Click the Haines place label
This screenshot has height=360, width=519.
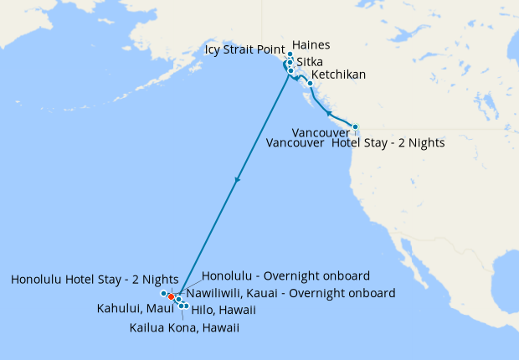click(312, 45)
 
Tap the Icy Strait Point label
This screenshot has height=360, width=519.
click(245, 51)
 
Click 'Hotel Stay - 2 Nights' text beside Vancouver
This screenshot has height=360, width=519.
click(388, 143)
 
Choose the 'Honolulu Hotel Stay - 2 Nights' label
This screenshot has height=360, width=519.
click(95, 280)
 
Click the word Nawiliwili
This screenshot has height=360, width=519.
click(216, 294)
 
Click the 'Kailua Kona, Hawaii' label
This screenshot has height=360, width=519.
click(184, 328)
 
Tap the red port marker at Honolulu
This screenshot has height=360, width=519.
click(171, 296)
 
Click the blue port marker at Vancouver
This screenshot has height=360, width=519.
click(355, 127)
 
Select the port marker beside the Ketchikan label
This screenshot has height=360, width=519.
click(310, 83)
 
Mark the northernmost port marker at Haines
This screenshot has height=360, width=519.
click(290, 54)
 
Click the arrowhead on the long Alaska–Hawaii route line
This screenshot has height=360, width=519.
click(239, 179)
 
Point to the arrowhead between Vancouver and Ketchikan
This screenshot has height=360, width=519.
click(329, 113)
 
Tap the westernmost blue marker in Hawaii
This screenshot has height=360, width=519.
click(163, 294)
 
